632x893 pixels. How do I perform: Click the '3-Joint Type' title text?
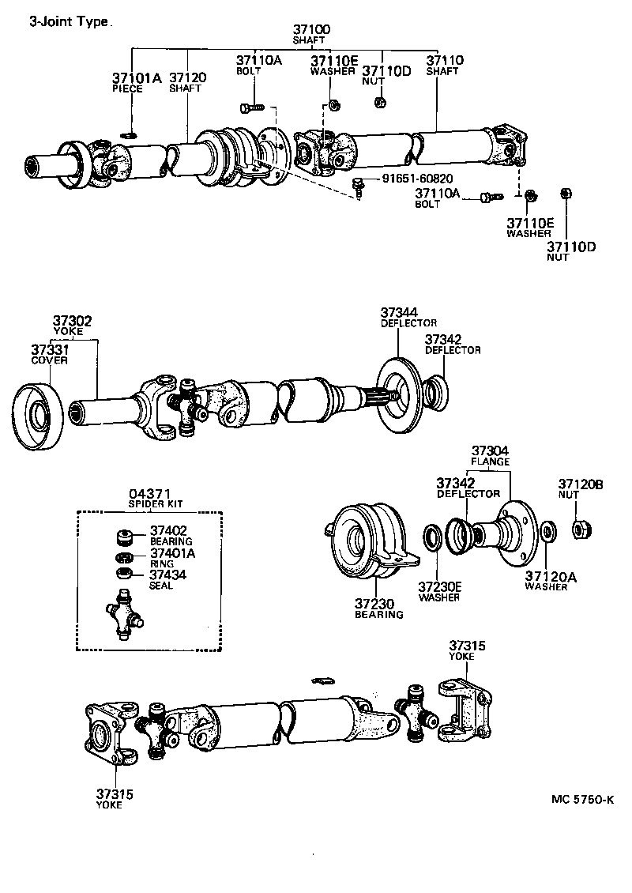tap(70, 23)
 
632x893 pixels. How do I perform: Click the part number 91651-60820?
tap(419, 179)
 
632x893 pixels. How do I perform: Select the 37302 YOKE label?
tap(73, 326)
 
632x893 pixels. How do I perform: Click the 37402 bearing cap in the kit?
tap(122, 537)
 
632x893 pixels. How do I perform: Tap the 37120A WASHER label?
tap(551, 582)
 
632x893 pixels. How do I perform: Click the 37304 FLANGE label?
tap(491, 455)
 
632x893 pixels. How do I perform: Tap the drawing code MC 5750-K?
tap(582, 799)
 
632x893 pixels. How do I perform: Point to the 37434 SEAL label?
tap(167, 579)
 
